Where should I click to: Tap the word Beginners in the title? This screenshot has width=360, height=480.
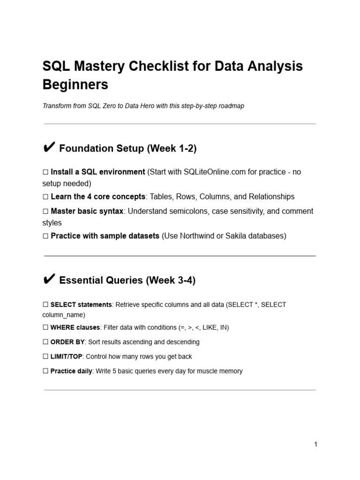pyautogui.click(x=75, y=84)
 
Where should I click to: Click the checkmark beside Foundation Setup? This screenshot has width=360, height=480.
pyautogui.click(x=49, y=148)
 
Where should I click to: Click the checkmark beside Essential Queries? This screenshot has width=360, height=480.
pyautogui.click(x=49, y=280)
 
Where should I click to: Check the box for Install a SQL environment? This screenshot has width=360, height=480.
pyautogui.click(x=45, y=172)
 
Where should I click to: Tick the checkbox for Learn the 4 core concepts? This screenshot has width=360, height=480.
pyautogui.click(x=45, y=197)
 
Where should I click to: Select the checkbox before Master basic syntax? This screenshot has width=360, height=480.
pyautogui.click(x=45, y=211)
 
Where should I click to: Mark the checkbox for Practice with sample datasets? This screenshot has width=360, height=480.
pyautogui.click(x=45, y=236)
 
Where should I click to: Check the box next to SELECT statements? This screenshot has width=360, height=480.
pyautogui.click(x=45, y=305)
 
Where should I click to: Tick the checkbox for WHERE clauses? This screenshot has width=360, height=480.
pyautogui.click(x=45, y=328)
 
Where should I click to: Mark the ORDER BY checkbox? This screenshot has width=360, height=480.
pyautogui.click(x=45, y=342)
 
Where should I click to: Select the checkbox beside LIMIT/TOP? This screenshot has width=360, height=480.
pyautogui.click(x=45, y=357)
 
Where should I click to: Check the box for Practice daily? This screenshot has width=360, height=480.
pyautogui.click(x=45, y=371)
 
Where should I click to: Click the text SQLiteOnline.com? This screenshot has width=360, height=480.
pyautogui.click(x=215, y=172)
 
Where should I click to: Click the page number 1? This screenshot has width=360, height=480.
pyautogui.click(x=316, y=444)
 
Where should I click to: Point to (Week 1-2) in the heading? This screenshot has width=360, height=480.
pyautogui.click(x=172, y=149)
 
